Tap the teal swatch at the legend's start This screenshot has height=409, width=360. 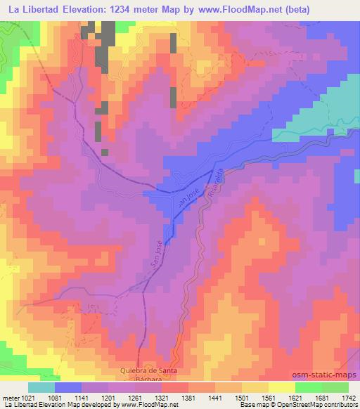(41, 387)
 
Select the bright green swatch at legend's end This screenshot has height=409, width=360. (335, 387)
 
